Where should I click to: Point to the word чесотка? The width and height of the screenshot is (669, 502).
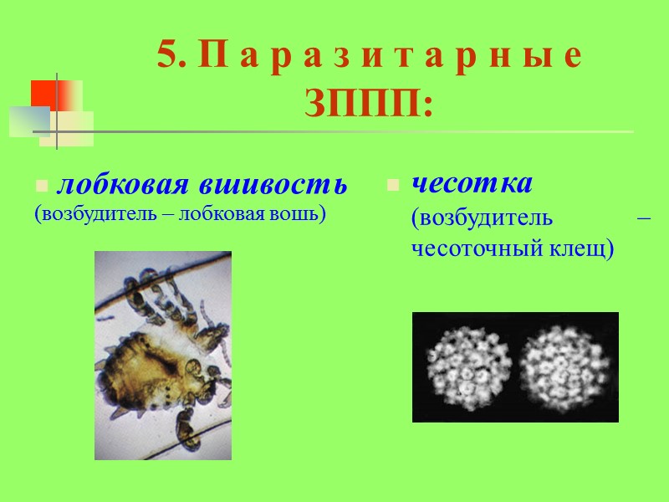point(472,182)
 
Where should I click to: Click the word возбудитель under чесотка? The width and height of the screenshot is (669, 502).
point(482,218)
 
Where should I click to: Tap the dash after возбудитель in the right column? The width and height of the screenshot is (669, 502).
point(643,218)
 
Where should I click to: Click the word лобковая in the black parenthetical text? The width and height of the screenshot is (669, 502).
point(217,214)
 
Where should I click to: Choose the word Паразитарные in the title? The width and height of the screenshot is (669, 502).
point(391,57)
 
